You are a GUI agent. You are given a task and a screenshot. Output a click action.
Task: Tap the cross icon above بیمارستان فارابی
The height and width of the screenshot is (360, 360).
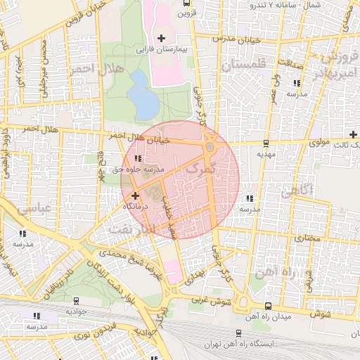[162, 37]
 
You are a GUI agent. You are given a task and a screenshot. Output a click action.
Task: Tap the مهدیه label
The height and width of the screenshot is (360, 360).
[264, 153]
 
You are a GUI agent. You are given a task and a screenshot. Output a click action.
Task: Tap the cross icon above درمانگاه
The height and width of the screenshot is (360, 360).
[134, 196]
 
